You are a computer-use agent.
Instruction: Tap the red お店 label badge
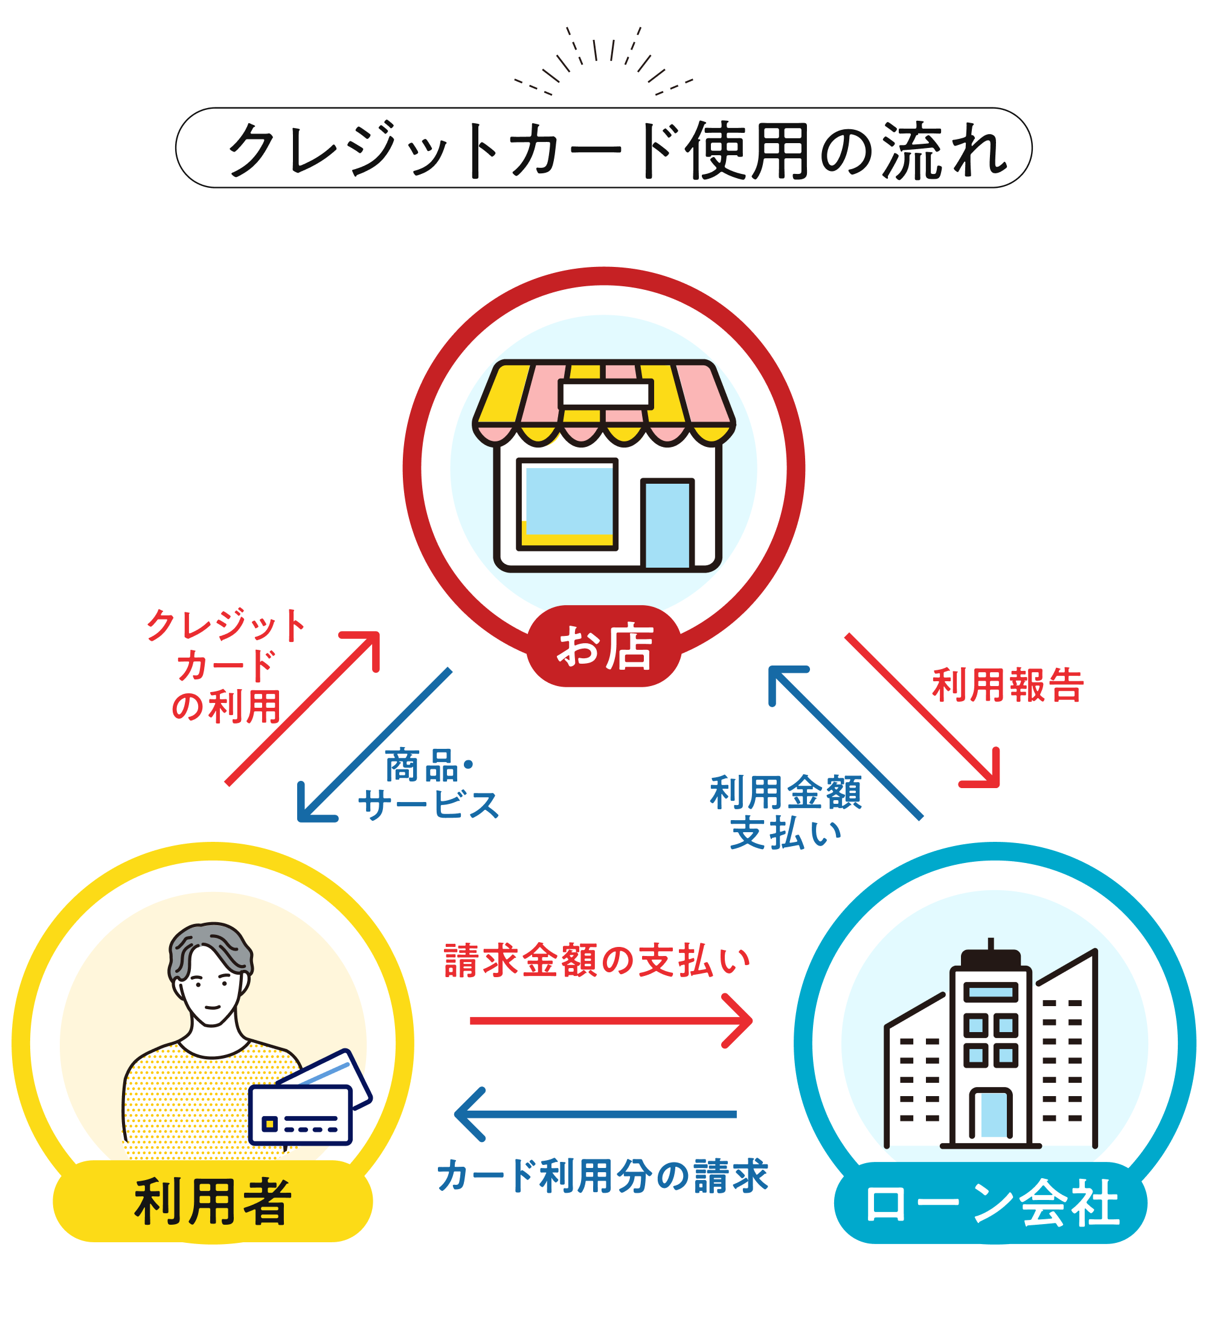coord(604,646)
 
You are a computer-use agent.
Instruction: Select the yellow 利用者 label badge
coord(212,1202)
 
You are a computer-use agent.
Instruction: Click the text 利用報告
coord(1007,685)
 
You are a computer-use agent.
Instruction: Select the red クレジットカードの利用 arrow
coord(303,709)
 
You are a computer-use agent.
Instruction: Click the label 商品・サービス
coord(429,784)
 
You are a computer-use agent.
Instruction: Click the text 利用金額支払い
coord(786,812)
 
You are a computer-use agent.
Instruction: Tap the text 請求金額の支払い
coord(597,960)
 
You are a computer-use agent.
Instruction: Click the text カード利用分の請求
coord(603,1176)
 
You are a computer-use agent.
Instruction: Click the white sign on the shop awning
coord(605,394)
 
